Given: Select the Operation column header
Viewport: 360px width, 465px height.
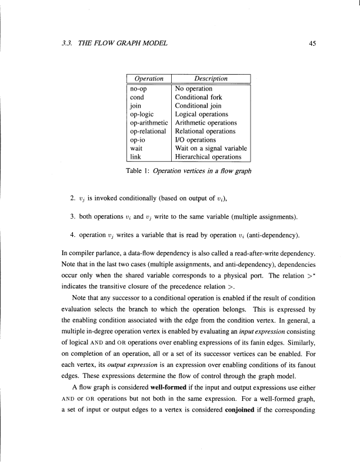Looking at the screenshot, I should click(x=148, y=79).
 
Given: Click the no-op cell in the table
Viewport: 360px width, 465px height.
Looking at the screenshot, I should click(x=139, y=89).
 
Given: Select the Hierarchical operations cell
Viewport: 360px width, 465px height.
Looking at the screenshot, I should click(x=208, y=157).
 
